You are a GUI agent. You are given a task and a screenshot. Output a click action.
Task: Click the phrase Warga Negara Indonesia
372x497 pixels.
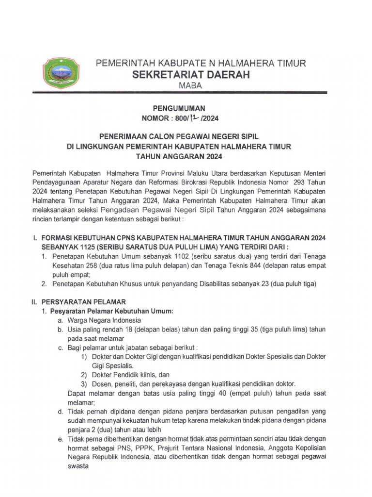[104, 320]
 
